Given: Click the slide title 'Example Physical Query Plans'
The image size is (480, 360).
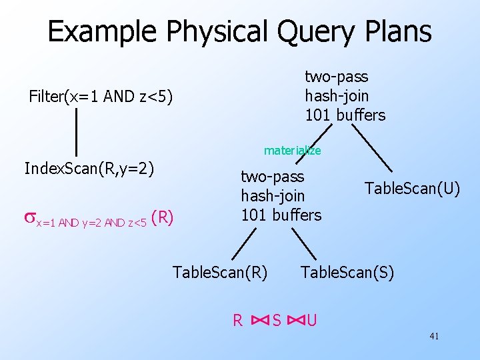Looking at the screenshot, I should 239,32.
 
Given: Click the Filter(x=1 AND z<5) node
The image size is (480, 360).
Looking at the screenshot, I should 101,97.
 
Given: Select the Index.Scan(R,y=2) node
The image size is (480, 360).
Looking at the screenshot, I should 89,168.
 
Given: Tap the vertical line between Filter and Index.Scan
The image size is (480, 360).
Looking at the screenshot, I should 76,131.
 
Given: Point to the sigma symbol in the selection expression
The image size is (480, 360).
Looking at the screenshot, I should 29,217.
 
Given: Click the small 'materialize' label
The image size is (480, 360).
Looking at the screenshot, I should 292,151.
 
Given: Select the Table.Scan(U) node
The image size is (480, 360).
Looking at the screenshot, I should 412,189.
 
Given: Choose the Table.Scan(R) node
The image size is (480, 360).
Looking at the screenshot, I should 220,272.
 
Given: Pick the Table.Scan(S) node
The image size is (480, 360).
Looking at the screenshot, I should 347,272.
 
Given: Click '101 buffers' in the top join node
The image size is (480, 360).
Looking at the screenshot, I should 345,115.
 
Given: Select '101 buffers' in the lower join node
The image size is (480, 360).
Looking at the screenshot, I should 281,215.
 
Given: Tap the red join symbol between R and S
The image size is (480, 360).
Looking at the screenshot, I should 260,321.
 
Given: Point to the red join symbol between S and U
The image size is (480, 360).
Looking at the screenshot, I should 294,321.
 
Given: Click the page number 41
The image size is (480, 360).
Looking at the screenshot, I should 434,337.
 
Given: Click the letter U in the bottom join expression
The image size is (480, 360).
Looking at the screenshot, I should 311,321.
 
